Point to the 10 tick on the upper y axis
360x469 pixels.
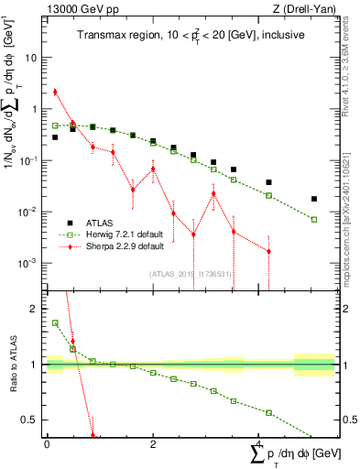[x=33, y=57]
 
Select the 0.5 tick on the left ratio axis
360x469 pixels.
[x=30, y=420]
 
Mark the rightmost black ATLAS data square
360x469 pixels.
[x=314, y=199]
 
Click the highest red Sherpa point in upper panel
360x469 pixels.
[x=55, y=92]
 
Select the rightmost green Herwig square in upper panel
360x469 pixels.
[x=314, y=220]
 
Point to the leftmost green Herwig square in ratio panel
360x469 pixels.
[x=55, y=322]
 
